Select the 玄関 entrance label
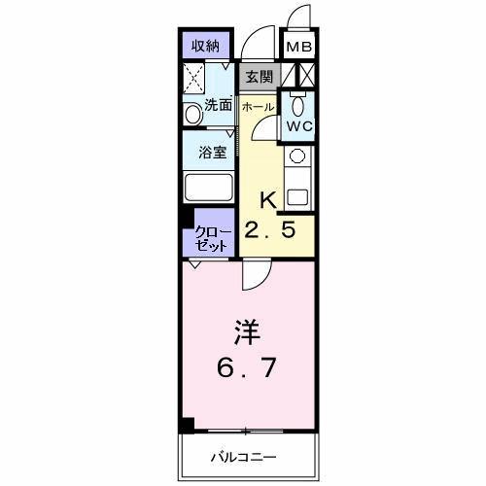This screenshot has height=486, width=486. pyautogui.click(x=259, y=75)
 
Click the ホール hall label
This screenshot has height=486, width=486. pyautogui.click(x=257, y=105)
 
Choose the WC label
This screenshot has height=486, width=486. pyautogui.click(x=297, y=127)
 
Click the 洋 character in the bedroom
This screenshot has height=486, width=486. pyautogui.click(x=246, y=331)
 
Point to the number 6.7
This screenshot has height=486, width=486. pyautogui.click(x=246, y=370)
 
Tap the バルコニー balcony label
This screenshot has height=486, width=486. pyautogui.click(x=245, y=457)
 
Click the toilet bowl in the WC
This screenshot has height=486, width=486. pyautogui.click(x=298, y=105)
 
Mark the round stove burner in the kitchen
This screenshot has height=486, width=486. pyautogui.click(x=297, y=156)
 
